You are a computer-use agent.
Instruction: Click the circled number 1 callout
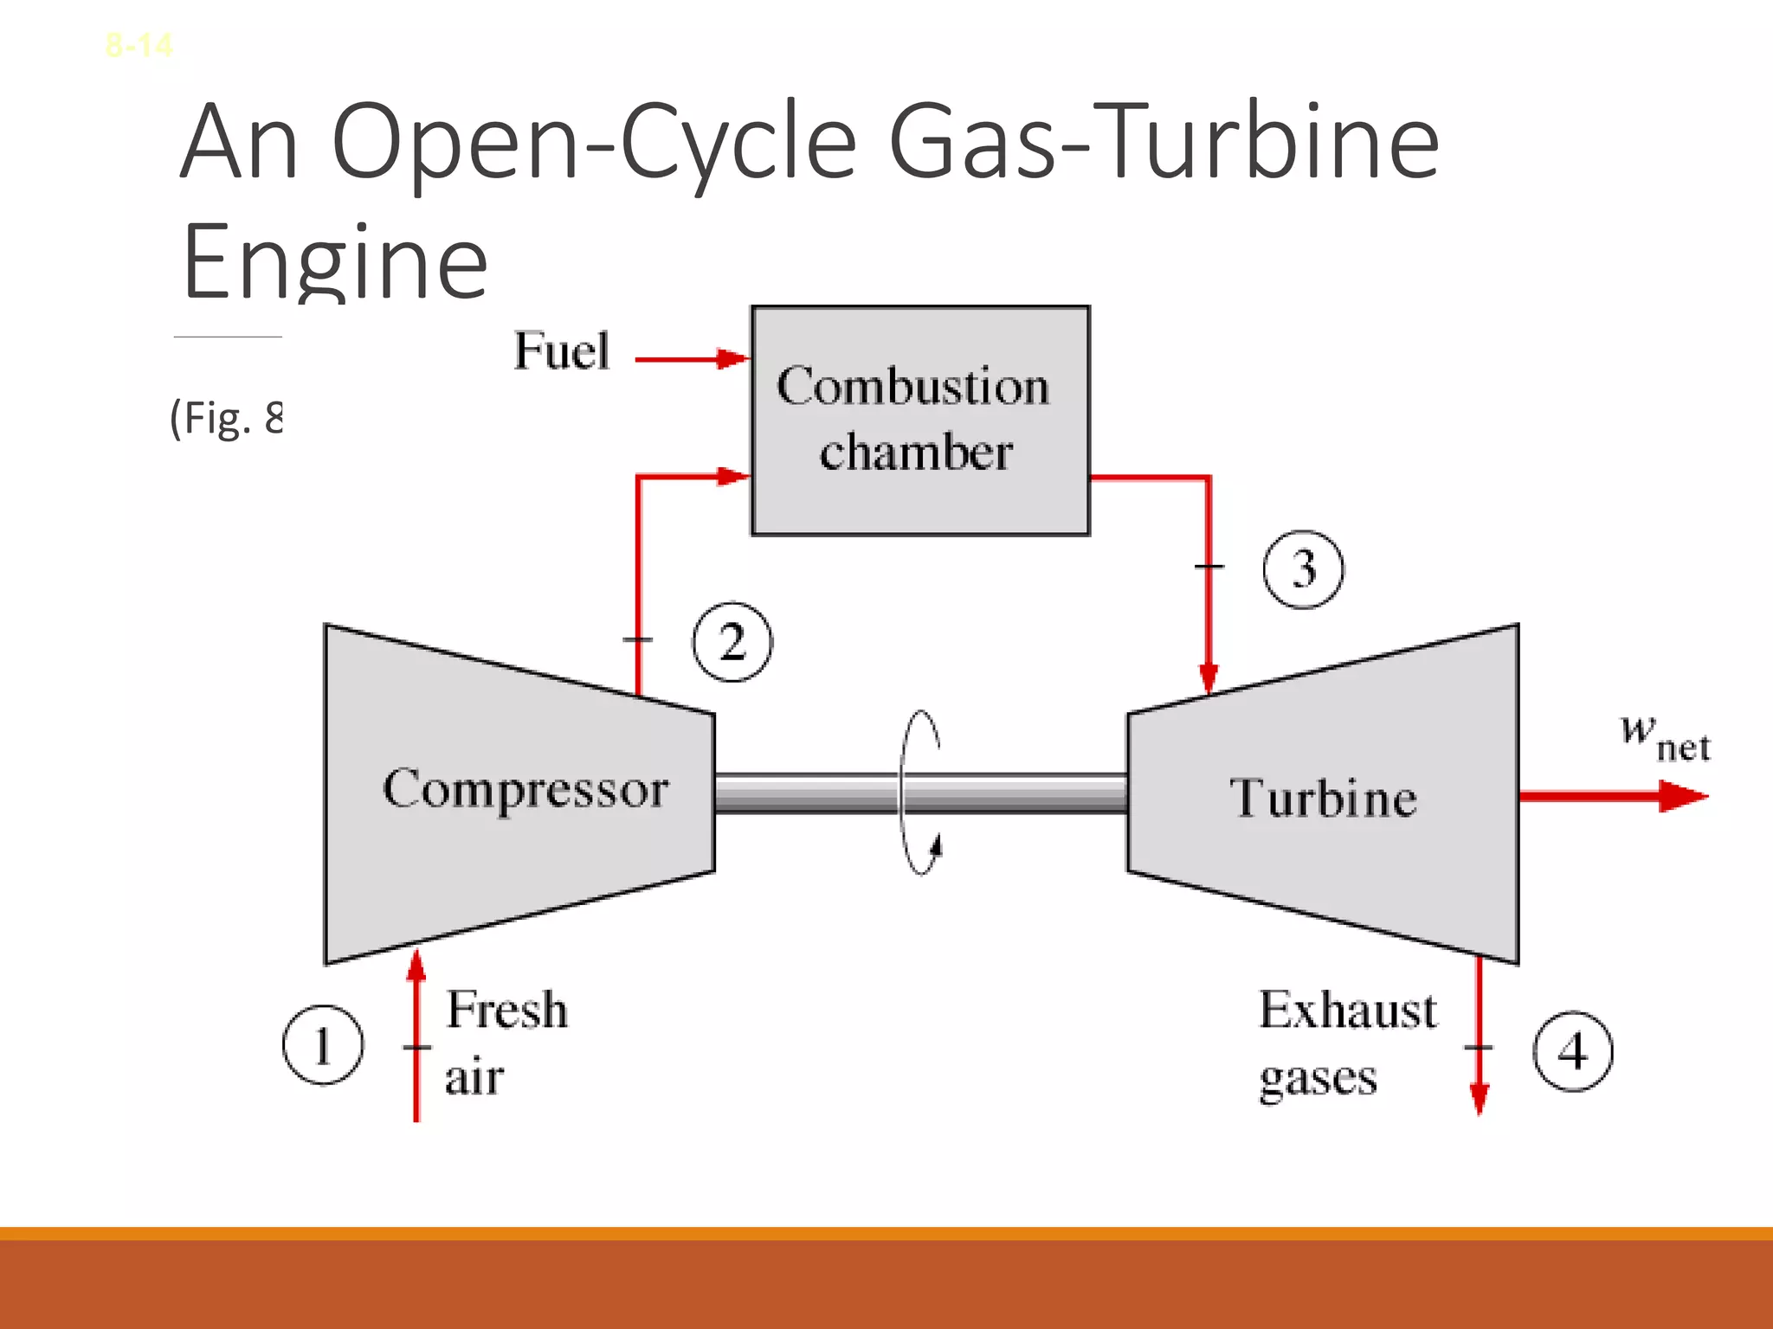coord(323,1044)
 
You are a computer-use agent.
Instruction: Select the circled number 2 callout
coord(732,642)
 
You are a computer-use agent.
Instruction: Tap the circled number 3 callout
coord(1304,569)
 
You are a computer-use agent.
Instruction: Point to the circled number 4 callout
coord(1573,1051)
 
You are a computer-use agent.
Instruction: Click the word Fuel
coord(562,351)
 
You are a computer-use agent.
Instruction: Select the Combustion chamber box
coord(919,421)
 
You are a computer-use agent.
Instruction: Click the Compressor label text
coord(525,789)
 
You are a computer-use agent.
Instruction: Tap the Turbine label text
coord(1323,797)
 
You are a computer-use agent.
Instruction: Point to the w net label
coord(1665,738)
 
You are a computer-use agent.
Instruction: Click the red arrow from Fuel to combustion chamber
coord(691,359)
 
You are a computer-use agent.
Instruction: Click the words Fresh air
coord(506,1043)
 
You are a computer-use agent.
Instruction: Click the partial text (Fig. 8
coord(227,419)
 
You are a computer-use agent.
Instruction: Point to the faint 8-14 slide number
coord(139,45)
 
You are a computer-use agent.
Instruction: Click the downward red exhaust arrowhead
coord(1480,1097)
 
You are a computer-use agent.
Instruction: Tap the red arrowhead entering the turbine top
coord(1209,677)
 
